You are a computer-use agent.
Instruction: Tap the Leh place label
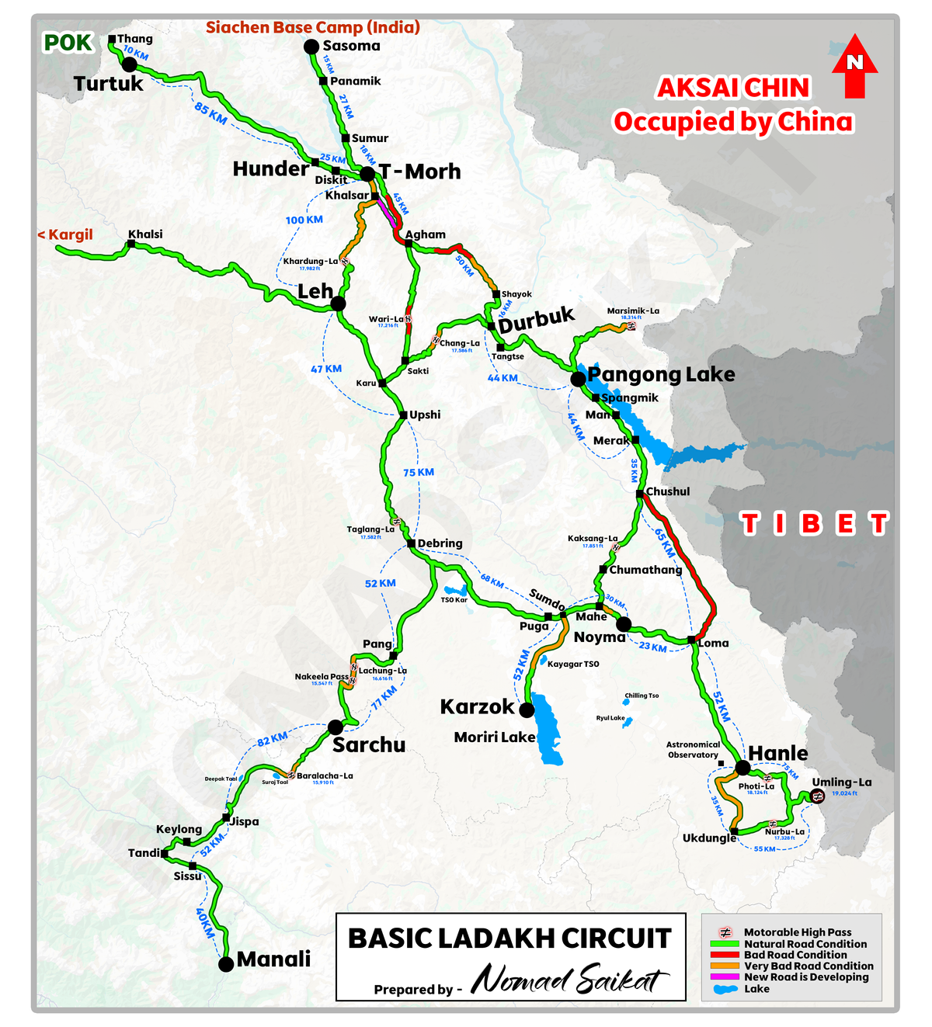[315, 291]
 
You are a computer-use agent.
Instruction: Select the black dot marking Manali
[226, 964]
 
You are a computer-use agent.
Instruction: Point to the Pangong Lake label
[661, 374]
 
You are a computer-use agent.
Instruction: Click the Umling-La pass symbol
[817, 796]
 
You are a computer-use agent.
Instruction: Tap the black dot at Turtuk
[130, 64]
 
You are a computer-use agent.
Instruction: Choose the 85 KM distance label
[210, 114]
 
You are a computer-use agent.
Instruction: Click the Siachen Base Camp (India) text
[313, 27]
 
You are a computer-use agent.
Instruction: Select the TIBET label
[813, 524]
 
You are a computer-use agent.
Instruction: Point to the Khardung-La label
[310, 262]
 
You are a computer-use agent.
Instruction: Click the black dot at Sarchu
[335, 727]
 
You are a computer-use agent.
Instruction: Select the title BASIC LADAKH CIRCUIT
[509, 938]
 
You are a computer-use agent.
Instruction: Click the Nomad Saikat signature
[569, 980]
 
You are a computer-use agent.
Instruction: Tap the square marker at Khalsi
[131, 244]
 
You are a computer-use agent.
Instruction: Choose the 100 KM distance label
[304, 220]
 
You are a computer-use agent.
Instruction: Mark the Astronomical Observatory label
[693, 749]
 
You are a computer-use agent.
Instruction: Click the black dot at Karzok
[527, 710]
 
